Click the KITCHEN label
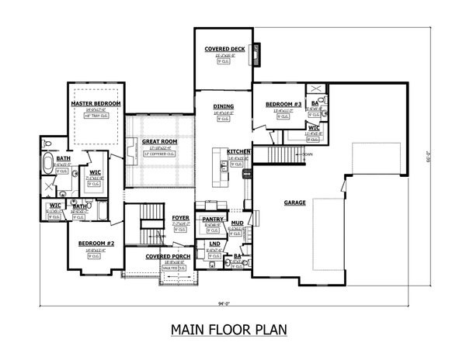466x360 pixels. tap(238, 151)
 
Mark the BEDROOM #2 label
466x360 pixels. tap(96, 244)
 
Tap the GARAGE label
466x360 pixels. tap(294, 202)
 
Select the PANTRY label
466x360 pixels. tap(213, 220)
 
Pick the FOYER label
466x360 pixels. tap(180, 219)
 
